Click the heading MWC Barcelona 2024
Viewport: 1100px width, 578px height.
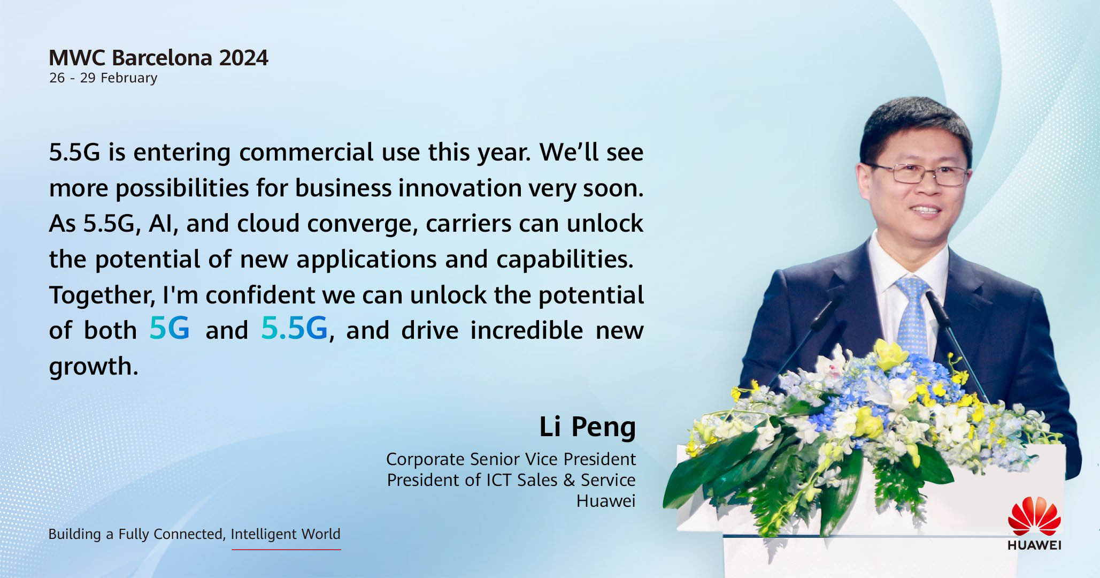click(x=158, y=58)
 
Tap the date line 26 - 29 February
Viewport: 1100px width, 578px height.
click(x=103, y=78)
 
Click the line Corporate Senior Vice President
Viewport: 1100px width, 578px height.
click(x=511, y=459)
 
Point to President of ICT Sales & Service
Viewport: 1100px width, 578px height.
click(x=511, y=480)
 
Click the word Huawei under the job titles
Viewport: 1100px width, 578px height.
click(x=606, y=501)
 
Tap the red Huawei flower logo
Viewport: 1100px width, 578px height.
click(x=1034, y=516)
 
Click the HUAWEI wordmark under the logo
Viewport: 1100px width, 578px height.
click(x=1034, y=545)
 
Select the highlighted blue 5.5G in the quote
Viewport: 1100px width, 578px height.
click(x=294, y=328)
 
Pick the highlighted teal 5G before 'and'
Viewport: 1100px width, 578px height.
click(x=170, y=328)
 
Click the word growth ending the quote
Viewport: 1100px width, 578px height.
click(x=94, y=368)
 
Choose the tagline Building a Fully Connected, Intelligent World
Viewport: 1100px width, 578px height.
click(x=194, y=534)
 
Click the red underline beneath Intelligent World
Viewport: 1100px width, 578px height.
click(x=286, y=549)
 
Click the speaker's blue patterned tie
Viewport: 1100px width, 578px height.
click(x=913, y=316)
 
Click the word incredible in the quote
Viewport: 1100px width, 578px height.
click(x=526, y=330)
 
